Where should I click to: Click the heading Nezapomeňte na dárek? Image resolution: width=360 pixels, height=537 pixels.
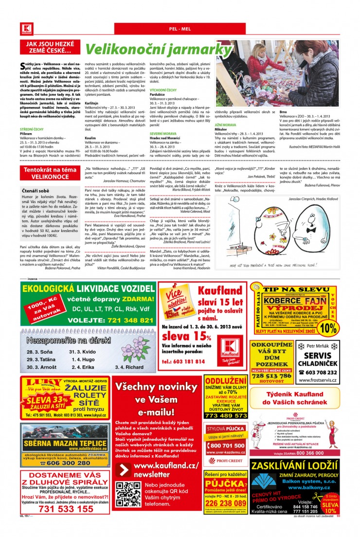point(68,340)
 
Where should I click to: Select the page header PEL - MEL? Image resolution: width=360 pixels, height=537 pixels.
point(180,29)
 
